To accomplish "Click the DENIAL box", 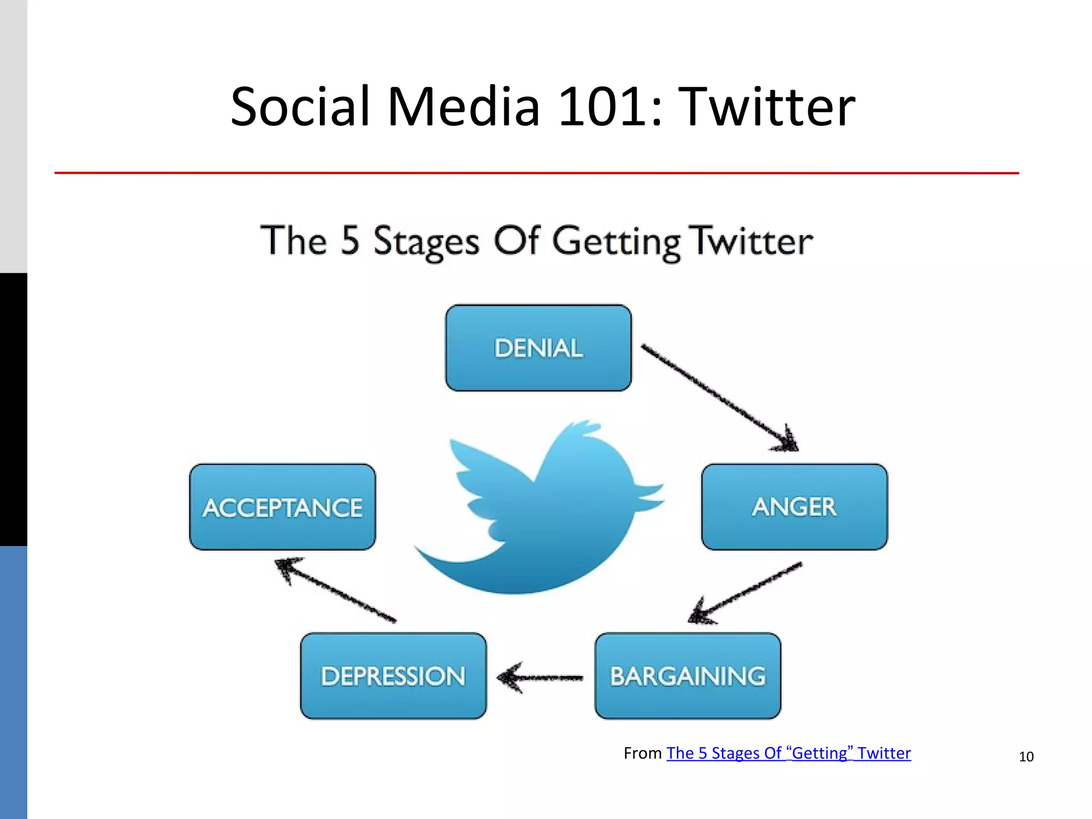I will tap(539, 348).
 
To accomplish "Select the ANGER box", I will tap(794, 507).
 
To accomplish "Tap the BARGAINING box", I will tap(688, 676).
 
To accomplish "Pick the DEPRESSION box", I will tap(394, 676).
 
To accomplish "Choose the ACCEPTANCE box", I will tap(283, 507).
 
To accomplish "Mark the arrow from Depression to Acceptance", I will tap(336, 590).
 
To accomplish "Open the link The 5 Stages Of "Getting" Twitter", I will tap(789, 753).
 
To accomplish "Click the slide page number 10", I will tap(1026, 757).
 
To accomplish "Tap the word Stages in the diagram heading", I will tap(425, 242).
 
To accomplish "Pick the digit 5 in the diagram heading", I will tap(350, 240).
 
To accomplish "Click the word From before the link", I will tap(643, 753).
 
